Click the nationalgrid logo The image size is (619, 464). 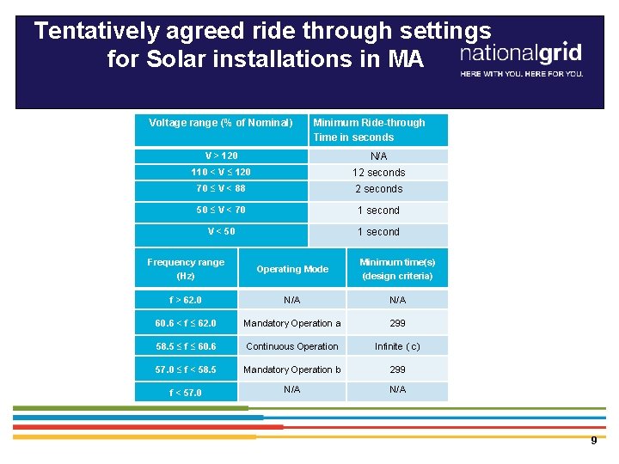tap(521, 54)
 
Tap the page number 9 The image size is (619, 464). tap(593, 441)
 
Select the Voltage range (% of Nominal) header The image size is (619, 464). tap(220, 123)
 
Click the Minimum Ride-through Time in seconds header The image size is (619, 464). tap(369, 130)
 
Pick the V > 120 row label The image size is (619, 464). tap(221, 156)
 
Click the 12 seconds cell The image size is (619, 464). tap(378, 173)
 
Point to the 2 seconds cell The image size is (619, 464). tap(378, 189)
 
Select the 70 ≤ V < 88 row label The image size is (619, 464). tap(221, 188)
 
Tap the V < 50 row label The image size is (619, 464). tap(221, 231)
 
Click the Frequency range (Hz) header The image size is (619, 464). tap(186, 269)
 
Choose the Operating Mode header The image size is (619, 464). tap(292, 269)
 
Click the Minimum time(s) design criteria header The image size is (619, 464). tap(397, 269)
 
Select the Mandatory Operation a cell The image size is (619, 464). tap(292, 323)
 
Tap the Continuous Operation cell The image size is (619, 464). tap(292, 346)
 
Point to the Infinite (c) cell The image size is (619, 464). tap(397, 346)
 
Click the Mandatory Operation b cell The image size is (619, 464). tap(292, 369)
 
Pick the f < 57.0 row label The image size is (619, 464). tap(186, 393)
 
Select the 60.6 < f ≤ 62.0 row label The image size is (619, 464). tap(186, 323)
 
